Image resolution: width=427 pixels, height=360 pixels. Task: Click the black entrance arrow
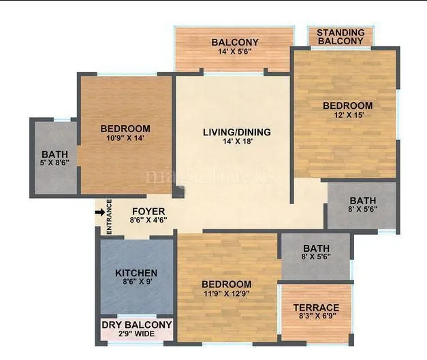(99, 213)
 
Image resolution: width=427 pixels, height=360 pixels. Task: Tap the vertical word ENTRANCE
(109, 216)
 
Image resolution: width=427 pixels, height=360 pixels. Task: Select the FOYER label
(148, 211)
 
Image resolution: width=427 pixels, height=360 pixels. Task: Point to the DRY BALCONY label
(137, 325)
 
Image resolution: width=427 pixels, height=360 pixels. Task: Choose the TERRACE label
(316, 308)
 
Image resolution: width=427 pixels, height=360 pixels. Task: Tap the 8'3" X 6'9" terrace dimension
(316, 318)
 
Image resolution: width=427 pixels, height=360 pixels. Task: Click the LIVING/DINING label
(236, 132)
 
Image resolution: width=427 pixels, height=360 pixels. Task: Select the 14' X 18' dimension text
(236, 142)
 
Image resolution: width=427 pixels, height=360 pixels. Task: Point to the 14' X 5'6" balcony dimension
(234, 52)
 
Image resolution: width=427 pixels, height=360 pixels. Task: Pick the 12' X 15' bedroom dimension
(347, 116)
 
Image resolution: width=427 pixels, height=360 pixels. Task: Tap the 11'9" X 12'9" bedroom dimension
(226, 295)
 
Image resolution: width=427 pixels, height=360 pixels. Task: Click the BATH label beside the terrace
(316, 248)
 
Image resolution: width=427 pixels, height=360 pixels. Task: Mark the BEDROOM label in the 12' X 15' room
(347, 105)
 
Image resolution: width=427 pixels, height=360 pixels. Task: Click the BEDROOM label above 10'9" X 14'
(125, 129)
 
